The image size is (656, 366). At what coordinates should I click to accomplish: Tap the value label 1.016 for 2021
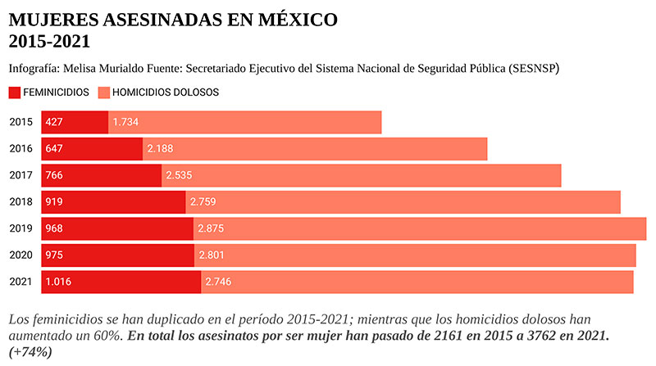coord(59,282)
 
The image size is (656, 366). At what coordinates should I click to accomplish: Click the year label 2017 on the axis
coord(20,175)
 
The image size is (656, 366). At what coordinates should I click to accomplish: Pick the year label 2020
coord(20,255)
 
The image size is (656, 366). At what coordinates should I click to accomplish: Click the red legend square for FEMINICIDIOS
coord(16,93)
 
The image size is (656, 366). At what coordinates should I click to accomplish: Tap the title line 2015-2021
coord(49,41)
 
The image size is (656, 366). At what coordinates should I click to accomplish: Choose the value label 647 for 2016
coord(55,149)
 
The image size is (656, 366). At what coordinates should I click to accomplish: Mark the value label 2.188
coord(161,149)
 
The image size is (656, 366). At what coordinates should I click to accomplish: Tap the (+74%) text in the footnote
coord(30,352)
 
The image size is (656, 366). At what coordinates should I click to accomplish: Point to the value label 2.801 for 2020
coord(212,255)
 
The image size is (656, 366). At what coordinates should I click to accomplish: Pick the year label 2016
coord(20,149)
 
